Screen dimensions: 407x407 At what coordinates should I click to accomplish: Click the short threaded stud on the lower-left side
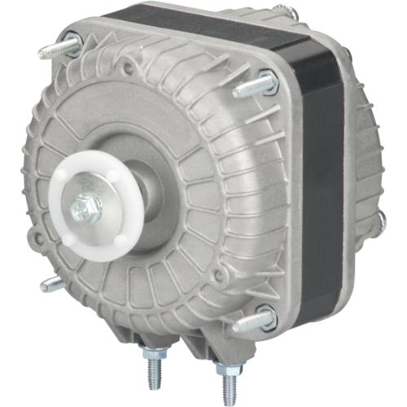click(x=50, y=284)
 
